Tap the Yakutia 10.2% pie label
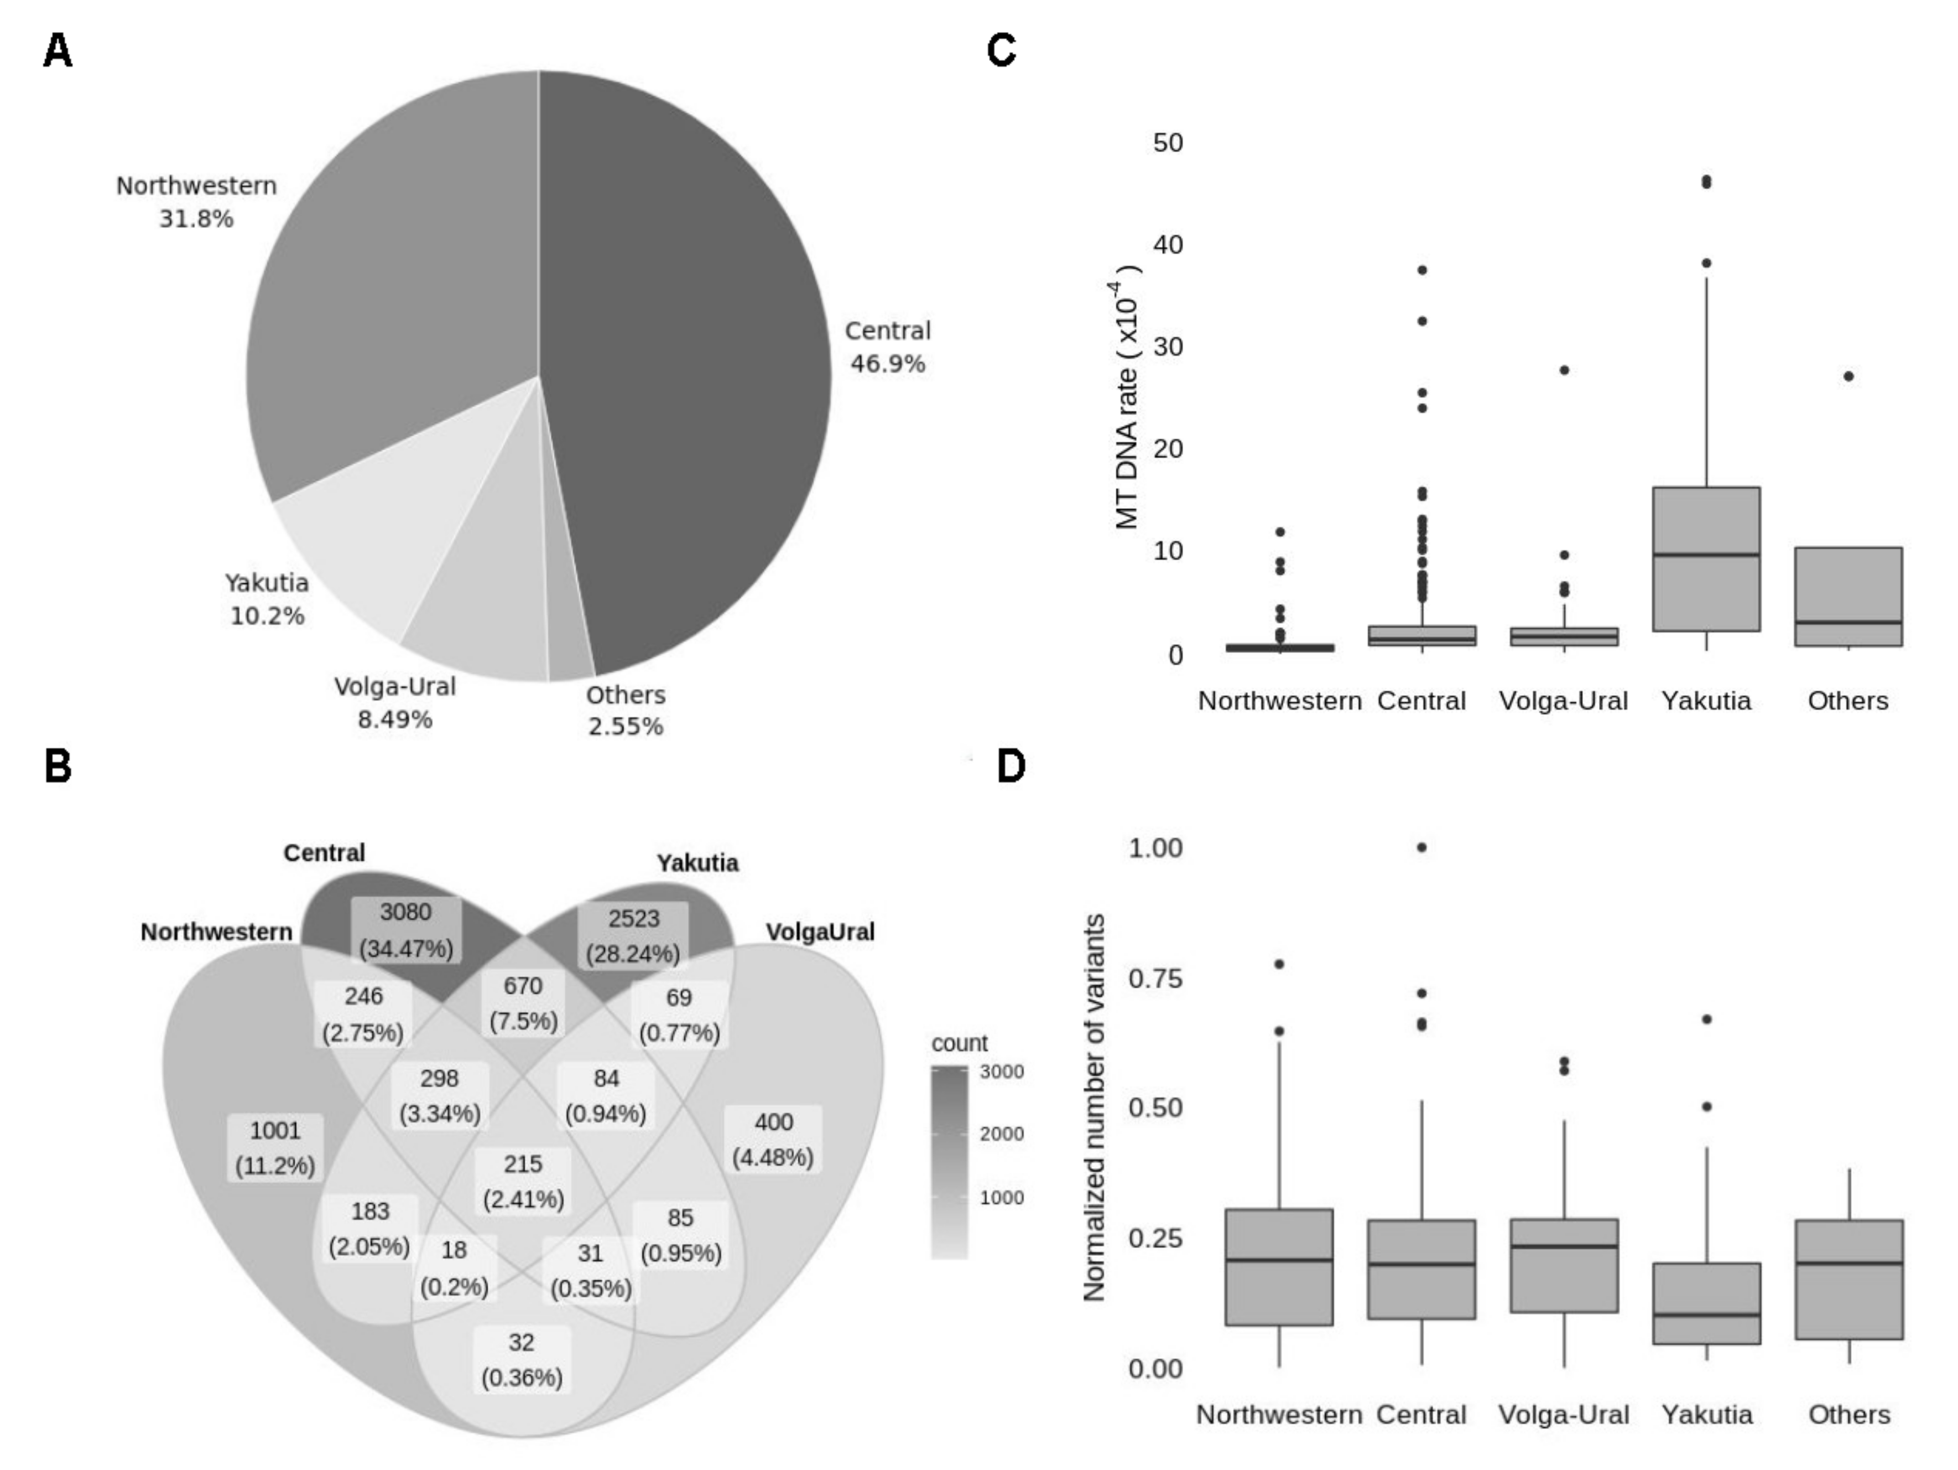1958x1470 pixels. (267, 599)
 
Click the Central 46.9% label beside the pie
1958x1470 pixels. (887, 346)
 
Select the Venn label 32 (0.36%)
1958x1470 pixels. (522, 1359)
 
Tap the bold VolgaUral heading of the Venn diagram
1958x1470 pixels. (820, 931)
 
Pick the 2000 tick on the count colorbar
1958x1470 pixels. (1001, 1133)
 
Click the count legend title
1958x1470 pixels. (960, 1043)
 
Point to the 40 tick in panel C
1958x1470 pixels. (1168, 245)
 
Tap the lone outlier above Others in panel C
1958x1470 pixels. (1848, 376)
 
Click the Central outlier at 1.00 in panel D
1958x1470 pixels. (1421, 847)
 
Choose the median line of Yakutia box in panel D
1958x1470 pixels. (1706, 1314)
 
